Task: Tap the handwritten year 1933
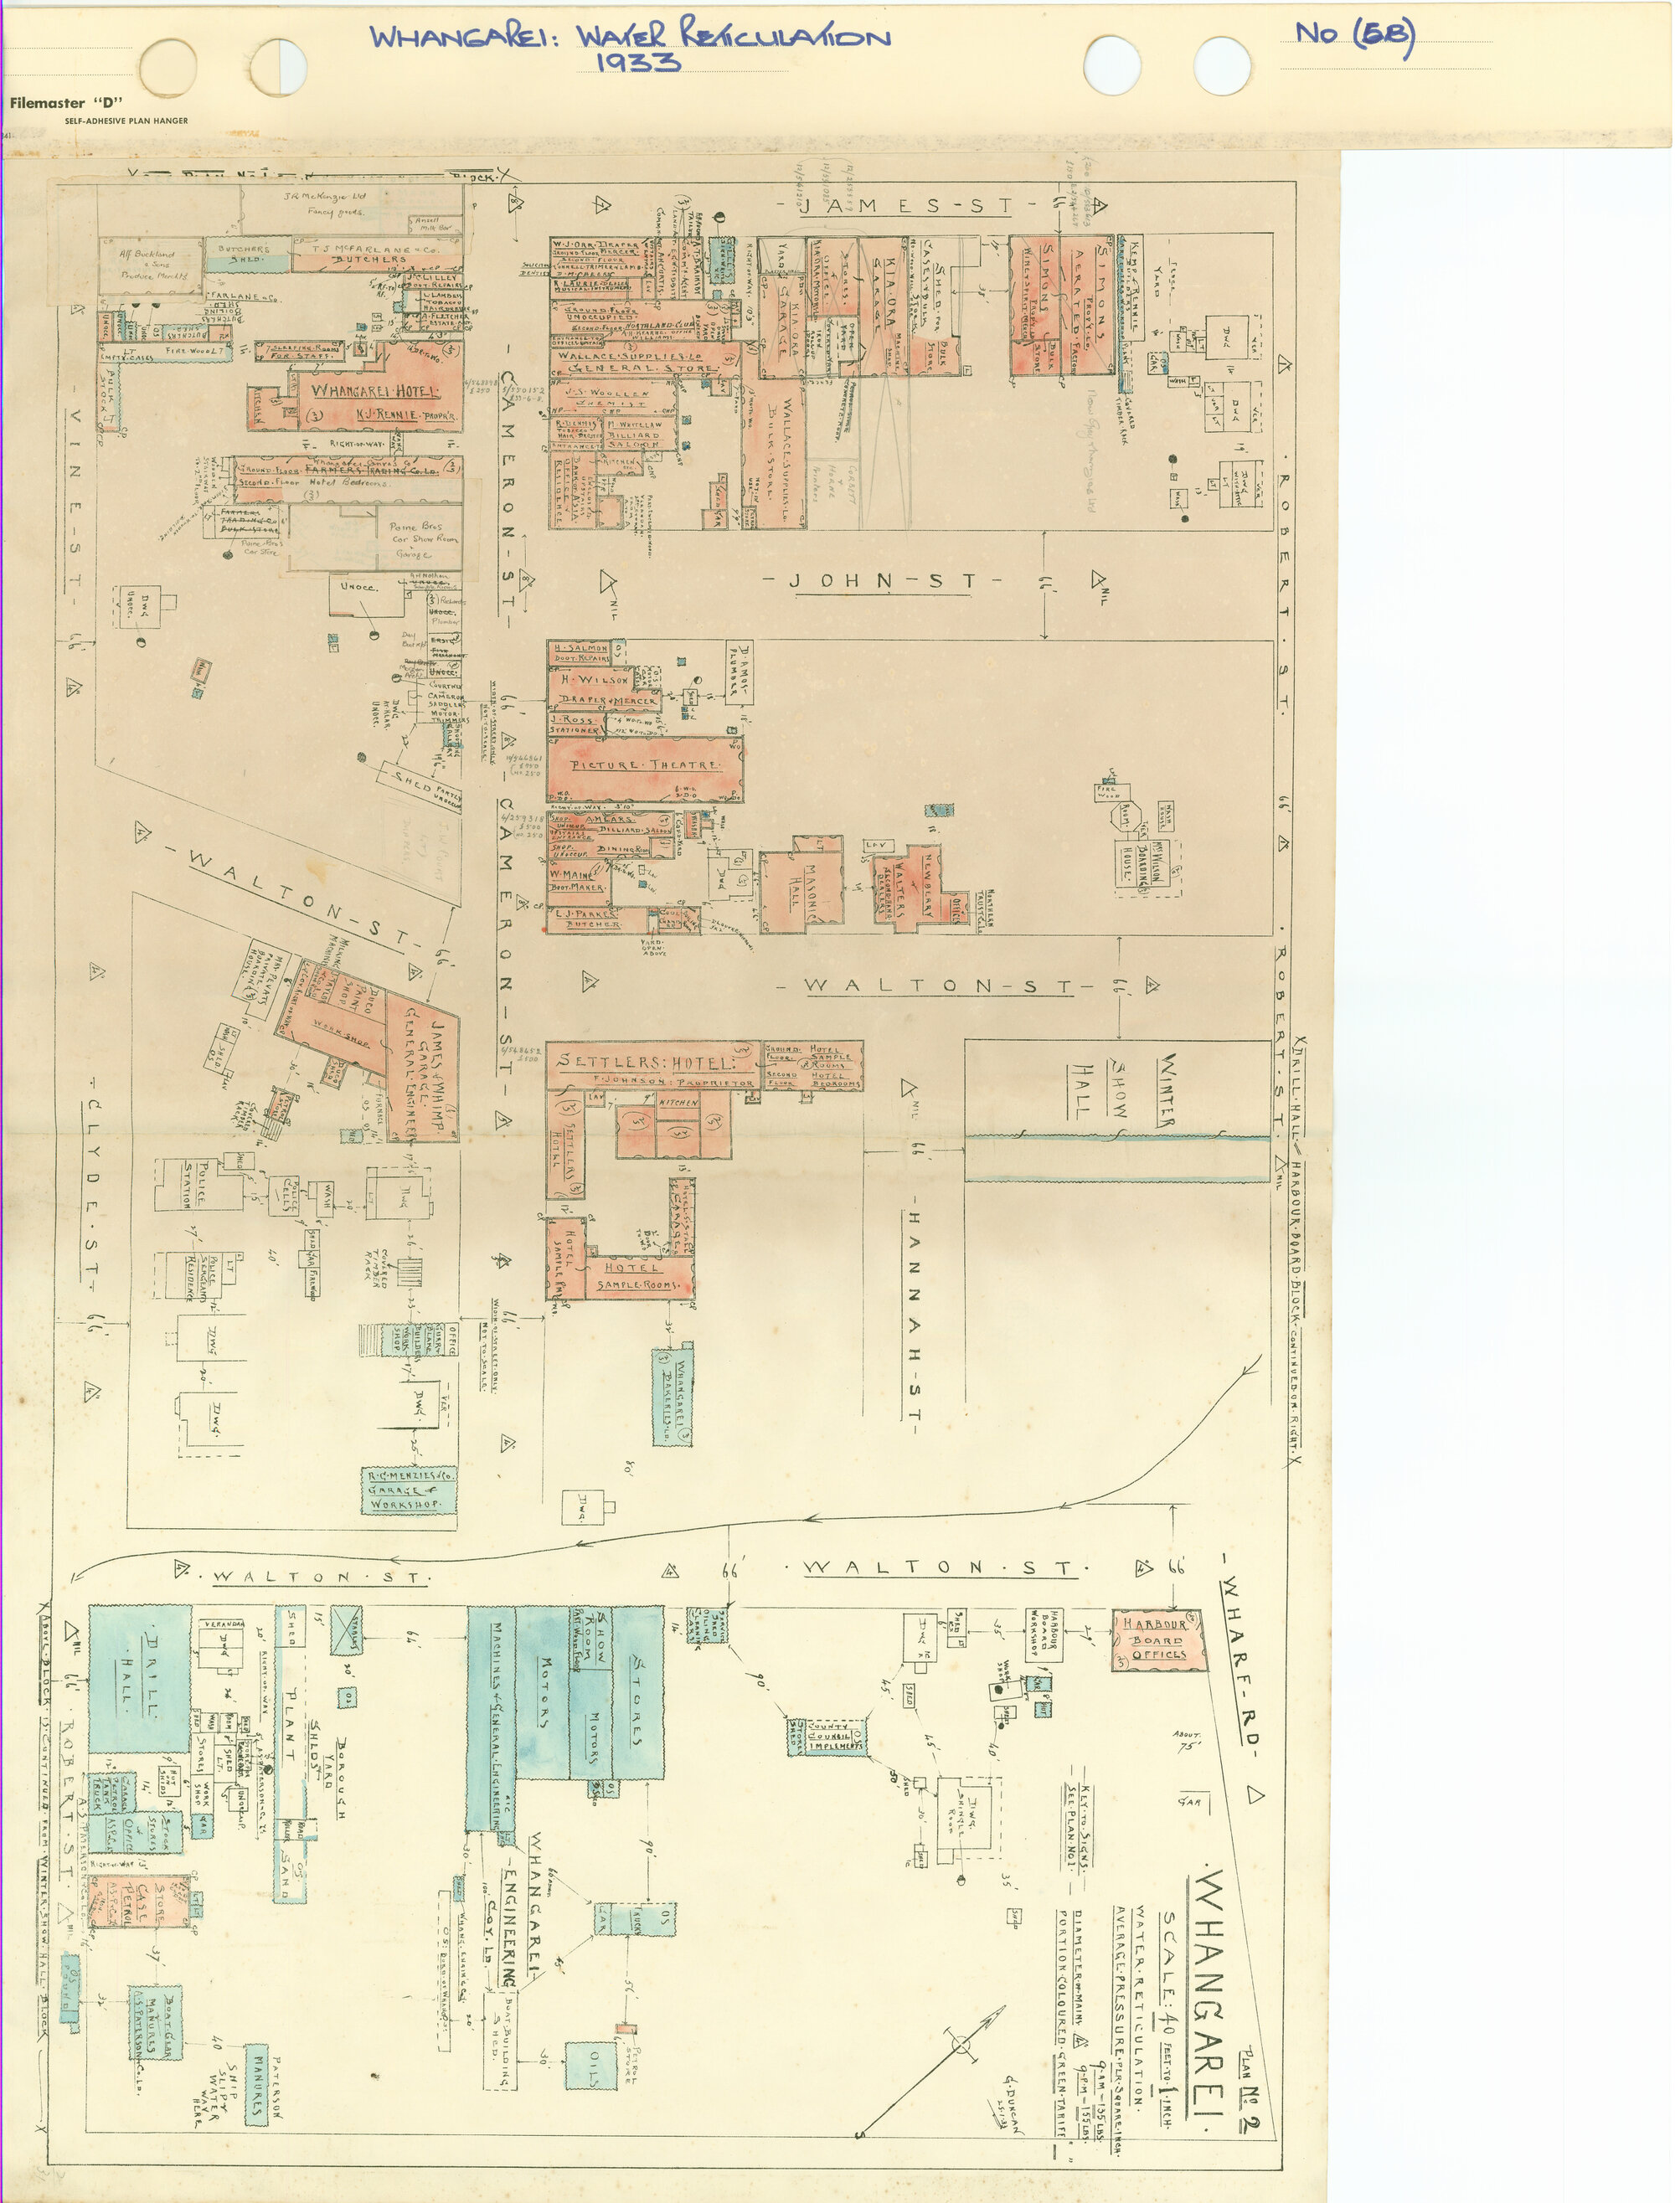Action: pos(638,63)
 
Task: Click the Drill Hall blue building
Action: pos(140,1680)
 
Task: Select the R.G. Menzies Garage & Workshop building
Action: pos(409,1490)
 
